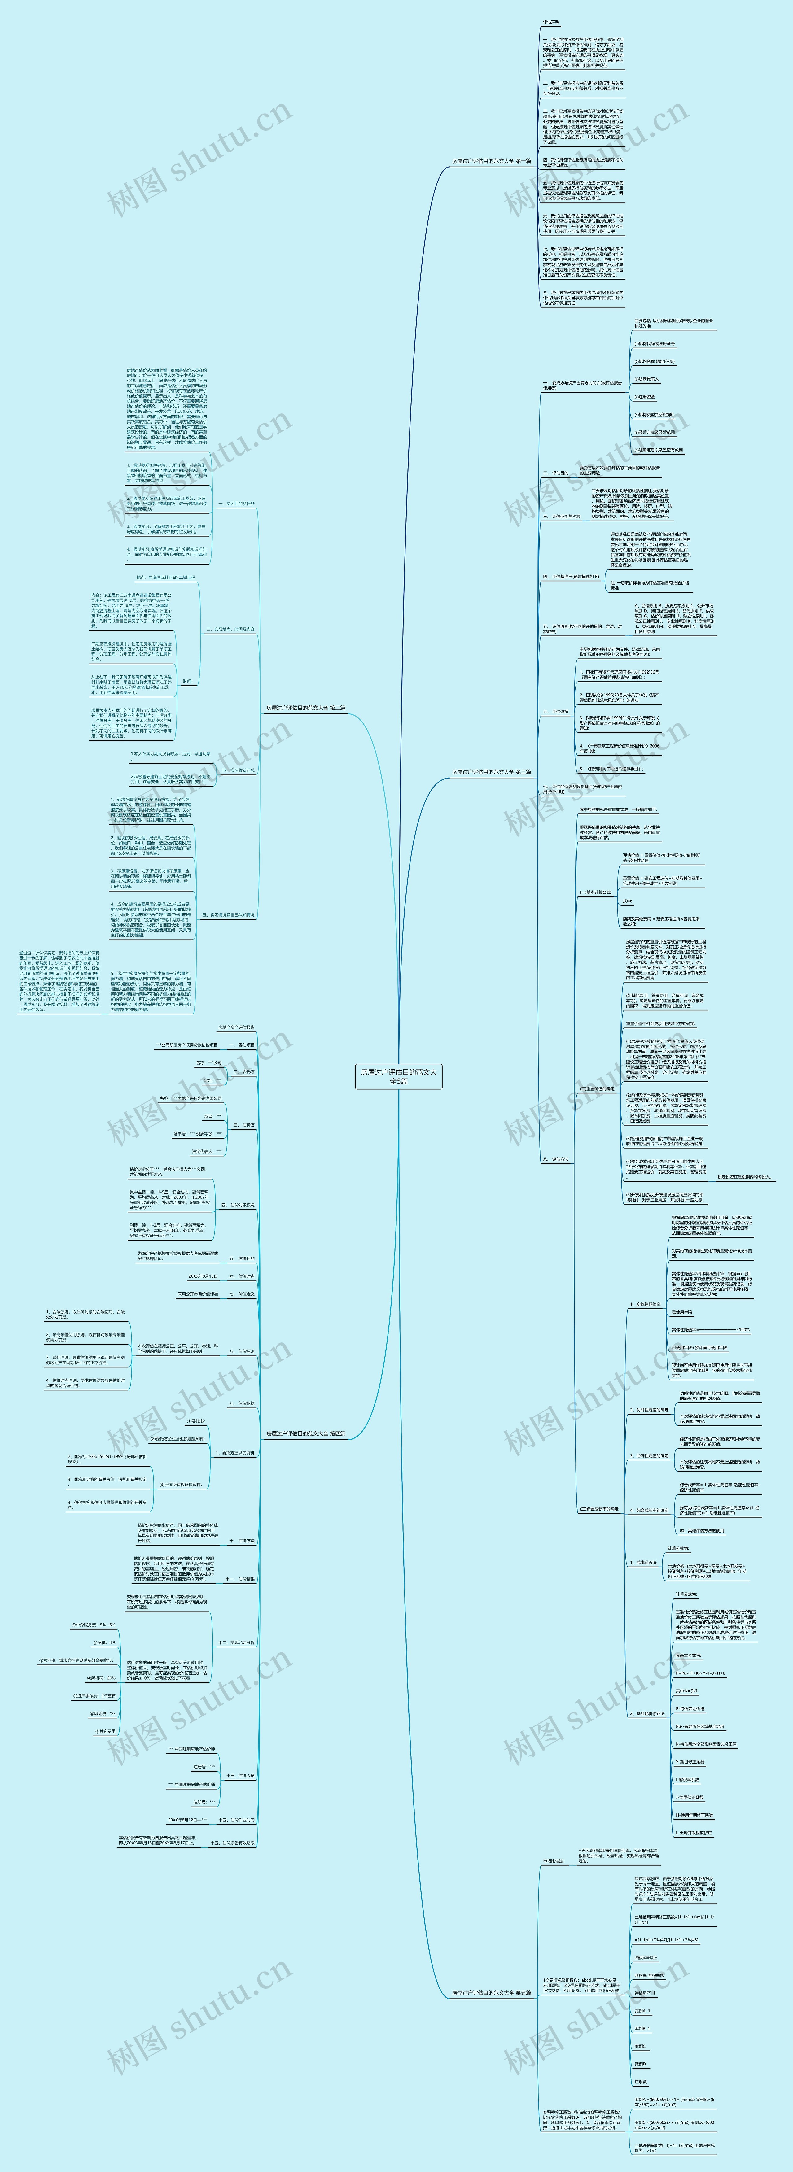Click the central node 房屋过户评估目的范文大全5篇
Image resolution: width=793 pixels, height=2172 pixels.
[x=398, y=1076]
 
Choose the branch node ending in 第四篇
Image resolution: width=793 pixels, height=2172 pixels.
[x=305, y=1433]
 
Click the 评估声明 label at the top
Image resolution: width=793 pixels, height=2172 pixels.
[x=551, y=22]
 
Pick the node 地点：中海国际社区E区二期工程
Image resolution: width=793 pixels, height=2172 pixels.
[x=165, y=578]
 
